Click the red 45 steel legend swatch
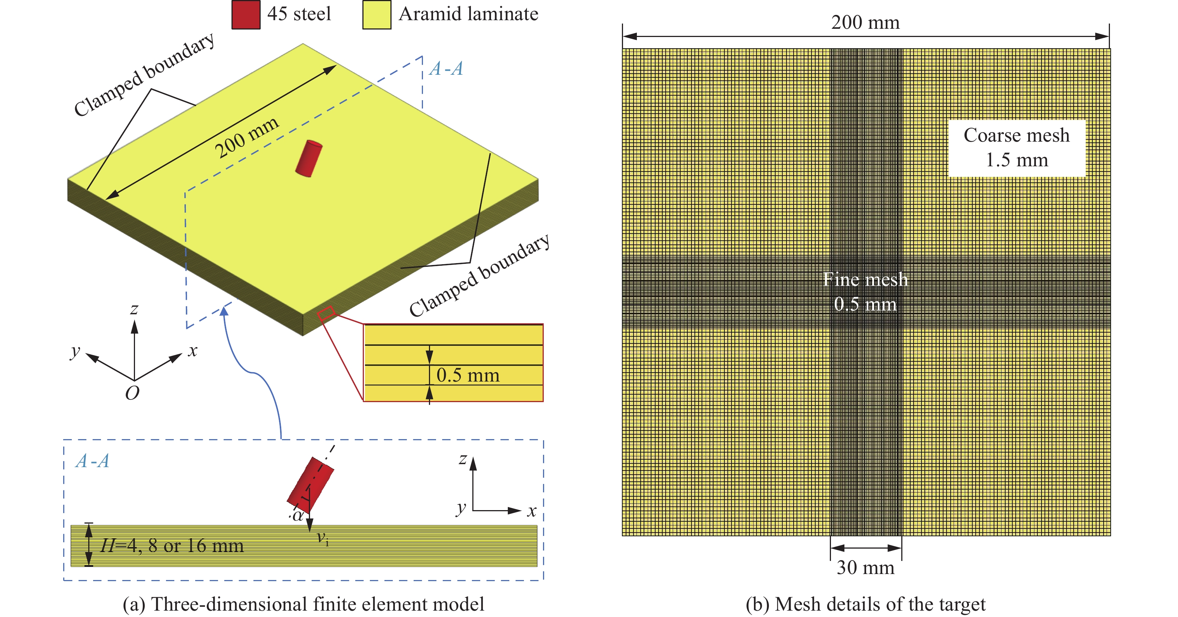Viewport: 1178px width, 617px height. [246, 15]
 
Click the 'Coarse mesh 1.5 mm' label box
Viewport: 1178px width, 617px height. [1016, 148]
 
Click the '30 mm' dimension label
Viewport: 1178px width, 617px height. [865, 568]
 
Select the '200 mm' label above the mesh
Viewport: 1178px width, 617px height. [865, 22]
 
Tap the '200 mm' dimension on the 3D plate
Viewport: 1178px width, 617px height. [247, 137]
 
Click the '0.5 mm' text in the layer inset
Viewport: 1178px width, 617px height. [468, 375]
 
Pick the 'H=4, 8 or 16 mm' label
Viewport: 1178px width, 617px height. [172, 546]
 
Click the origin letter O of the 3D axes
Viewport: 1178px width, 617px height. [132, 393]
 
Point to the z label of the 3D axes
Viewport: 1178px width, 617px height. [134, 309]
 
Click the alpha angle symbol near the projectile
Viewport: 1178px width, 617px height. [298, 516]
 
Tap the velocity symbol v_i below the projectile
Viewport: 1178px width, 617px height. [323, 539]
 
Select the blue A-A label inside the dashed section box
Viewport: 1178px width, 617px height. [92, 461]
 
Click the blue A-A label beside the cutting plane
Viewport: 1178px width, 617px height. [446, 68]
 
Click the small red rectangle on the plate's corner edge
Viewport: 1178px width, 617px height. [326, 313]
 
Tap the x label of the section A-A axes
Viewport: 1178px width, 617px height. [531, 511]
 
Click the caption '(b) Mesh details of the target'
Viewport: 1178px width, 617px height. [865, 604]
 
